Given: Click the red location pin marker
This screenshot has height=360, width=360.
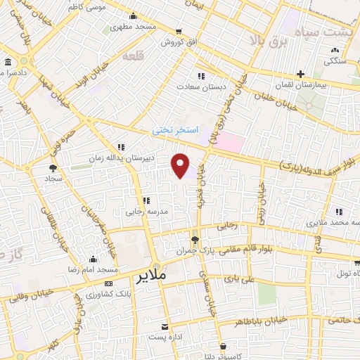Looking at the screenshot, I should pyautogui.click(x=181, y=165).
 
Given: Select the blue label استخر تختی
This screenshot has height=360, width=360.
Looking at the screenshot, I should pyautogui.click(x=176, y=131).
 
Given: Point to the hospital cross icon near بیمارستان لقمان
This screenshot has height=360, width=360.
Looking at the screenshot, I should pyautogui.click(x=300, y=73).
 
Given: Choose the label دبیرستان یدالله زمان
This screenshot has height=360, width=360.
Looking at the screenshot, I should pyautogui.click(x=115, y=157).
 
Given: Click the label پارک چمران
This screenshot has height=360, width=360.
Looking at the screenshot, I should pyautogui.click(x=194, y=250).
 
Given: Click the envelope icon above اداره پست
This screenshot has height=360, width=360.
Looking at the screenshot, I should pyautogui.click(x=165, y=327).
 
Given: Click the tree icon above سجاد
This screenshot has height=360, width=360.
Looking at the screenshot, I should pyautogui.click(x=53, y=167).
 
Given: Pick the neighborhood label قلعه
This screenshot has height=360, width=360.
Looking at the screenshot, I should pyautogui.click(x=133, y=55).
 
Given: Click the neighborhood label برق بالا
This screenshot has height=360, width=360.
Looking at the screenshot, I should pyautogui.click(x=269, y=40).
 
